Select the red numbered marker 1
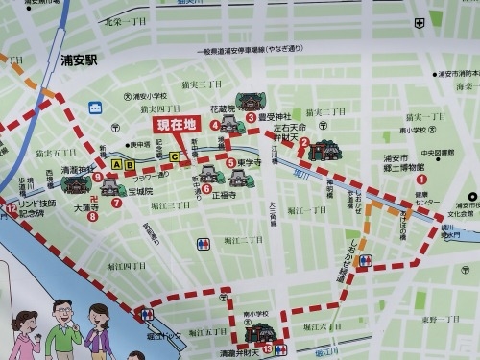(420, 179)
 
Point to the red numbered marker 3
(251, 118)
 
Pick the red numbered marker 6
(206, 189)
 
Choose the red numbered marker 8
(92, 216)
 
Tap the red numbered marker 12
(11, 208)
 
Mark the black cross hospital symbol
(420, 21)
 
